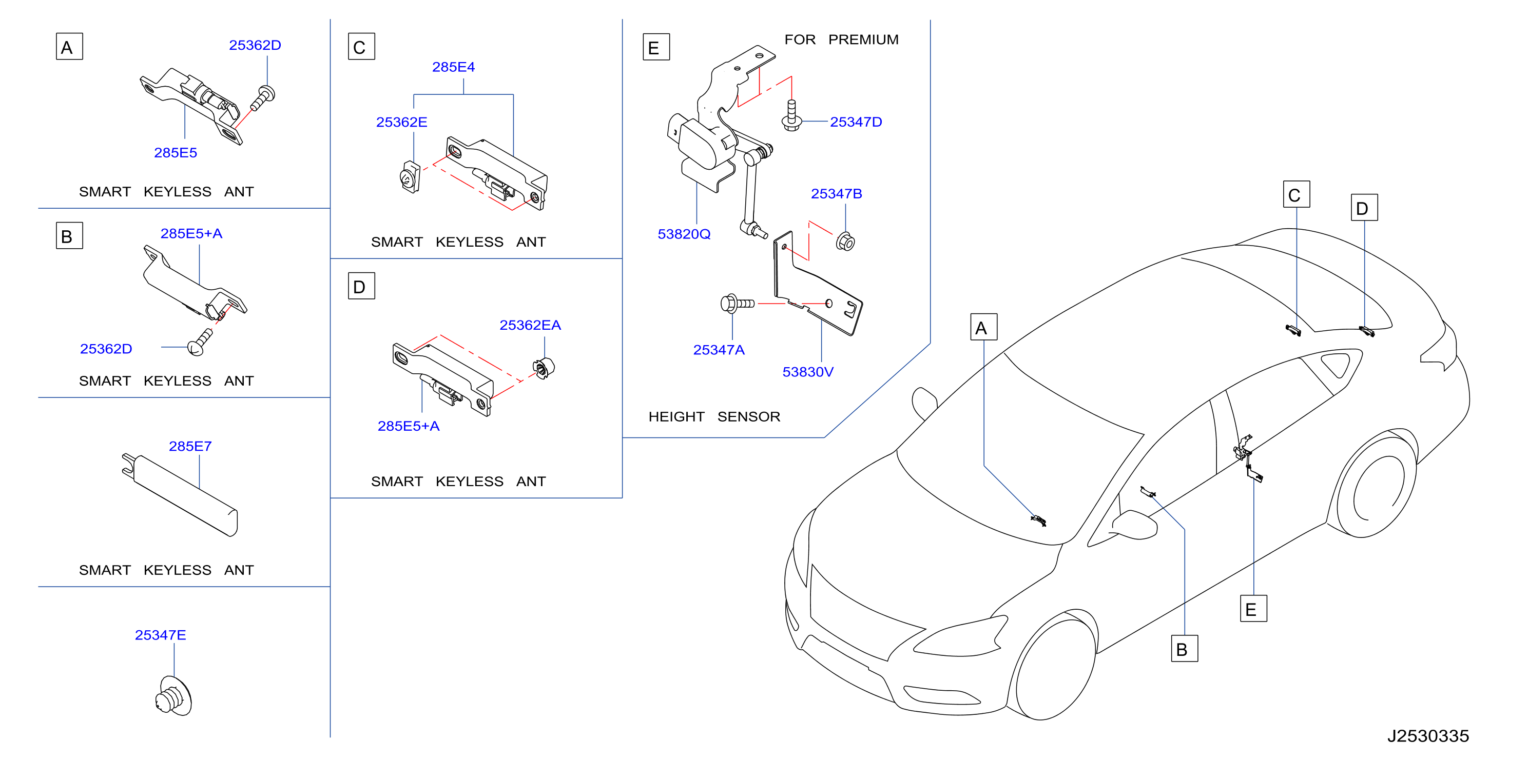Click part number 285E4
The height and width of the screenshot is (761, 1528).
pos(453,67)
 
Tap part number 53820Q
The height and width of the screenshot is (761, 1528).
pos(683,234)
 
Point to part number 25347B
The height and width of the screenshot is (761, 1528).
pos(836,194)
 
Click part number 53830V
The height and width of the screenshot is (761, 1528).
pos(807,372)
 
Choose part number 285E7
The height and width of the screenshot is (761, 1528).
pos(190,446)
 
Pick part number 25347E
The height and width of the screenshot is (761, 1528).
pos(160,635)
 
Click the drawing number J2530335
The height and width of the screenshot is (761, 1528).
pos(1427,736)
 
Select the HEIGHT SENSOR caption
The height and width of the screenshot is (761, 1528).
pos(713,417)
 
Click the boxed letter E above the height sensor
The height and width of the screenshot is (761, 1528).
pos(655,47)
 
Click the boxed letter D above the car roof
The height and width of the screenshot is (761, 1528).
pos(1364,208)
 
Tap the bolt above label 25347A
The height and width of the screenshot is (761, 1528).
pos(737,304)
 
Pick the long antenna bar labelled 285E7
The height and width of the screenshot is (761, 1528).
pos(180,495)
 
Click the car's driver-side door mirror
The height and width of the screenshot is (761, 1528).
pos(1133,525)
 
